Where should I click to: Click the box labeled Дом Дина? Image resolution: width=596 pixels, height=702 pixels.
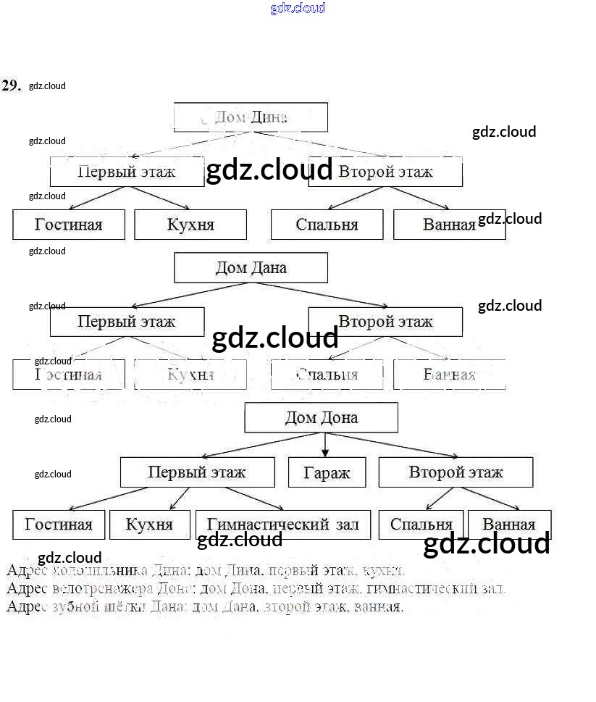[251, 117]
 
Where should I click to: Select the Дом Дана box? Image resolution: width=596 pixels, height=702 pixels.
[251, 267]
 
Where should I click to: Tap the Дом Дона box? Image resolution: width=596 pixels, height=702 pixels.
[321, 417]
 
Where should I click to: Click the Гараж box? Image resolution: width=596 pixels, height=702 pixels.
[327, 473]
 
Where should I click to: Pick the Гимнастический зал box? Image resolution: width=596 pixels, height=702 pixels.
[283, 525]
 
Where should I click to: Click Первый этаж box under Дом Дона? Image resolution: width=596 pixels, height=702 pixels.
[197, 472]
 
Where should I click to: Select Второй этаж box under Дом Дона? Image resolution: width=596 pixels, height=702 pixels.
[456, 472]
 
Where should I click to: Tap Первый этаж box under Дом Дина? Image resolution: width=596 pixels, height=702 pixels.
[127, 172]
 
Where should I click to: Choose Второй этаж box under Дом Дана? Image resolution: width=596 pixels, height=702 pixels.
[385, 322]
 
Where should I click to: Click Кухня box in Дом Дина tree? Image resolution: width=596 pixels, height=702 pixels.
[190, 225]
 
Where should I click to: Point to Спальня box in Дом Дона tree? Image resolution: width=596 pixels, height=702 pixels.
[421, 525]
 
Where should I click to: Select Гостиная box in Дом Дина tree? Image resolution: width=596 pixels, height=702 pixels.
[69, 225]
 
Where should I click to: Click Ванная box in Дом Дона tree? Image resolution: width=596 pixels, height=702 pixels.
[509, 525]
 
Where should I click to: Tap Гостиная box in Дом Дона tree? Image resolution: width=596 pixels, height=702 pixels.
[59, 525]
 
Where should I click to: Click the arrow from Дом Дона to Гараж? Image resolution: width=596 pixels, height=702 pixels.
[326, 444]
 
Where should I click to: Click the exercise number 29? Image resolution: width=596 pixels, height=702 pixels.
[11, 85]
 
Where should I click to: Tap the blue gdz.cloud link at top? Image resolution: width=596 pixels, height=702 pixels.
[298, 8]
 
